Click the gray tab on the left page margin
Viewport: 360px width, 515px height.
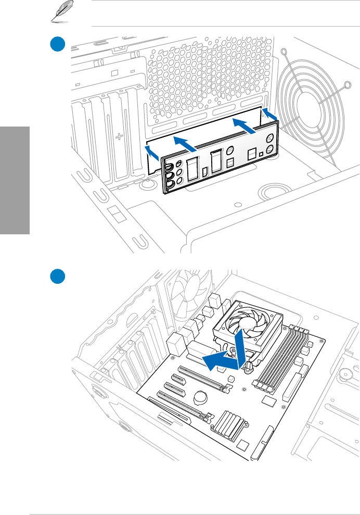15,180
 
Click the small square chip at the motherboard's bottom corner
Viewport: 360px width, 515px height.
243,447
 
